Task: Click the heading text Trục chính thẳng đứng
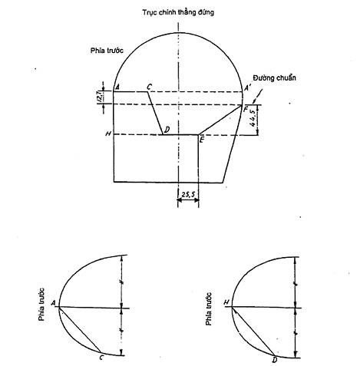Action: pos(178,12)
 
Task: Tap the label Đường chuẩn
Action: pos(275,77)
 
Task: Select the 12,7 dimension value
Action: pos(100,97)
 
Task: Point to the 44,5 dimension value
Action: pos(253,118)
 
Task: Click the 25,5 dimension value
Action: pos(188,195)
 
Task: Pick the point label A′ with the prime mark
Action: pos(247,88)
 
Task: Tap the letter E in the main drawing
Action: pos(202,140)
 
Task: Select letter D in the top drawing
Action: pos(167,130)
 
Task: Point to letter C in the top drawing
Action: pos(149,87)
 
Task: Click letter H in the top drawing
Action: pos(108,134)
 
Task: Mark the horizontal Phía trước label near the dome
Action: pos(107,51)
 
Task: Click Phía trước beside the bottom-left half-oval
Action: pos(41,305)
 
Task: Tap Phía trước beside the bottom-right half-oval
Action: pos(209,309)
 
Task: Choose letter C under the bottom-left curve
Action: pos(101,358)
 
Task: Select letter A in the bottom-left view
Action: pos(53,303)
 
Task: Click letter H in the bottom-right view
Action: pos(226,302)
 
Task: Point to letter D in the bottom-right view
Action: pos(275,360)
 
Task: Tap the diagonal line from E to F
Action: pos(220,120)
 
